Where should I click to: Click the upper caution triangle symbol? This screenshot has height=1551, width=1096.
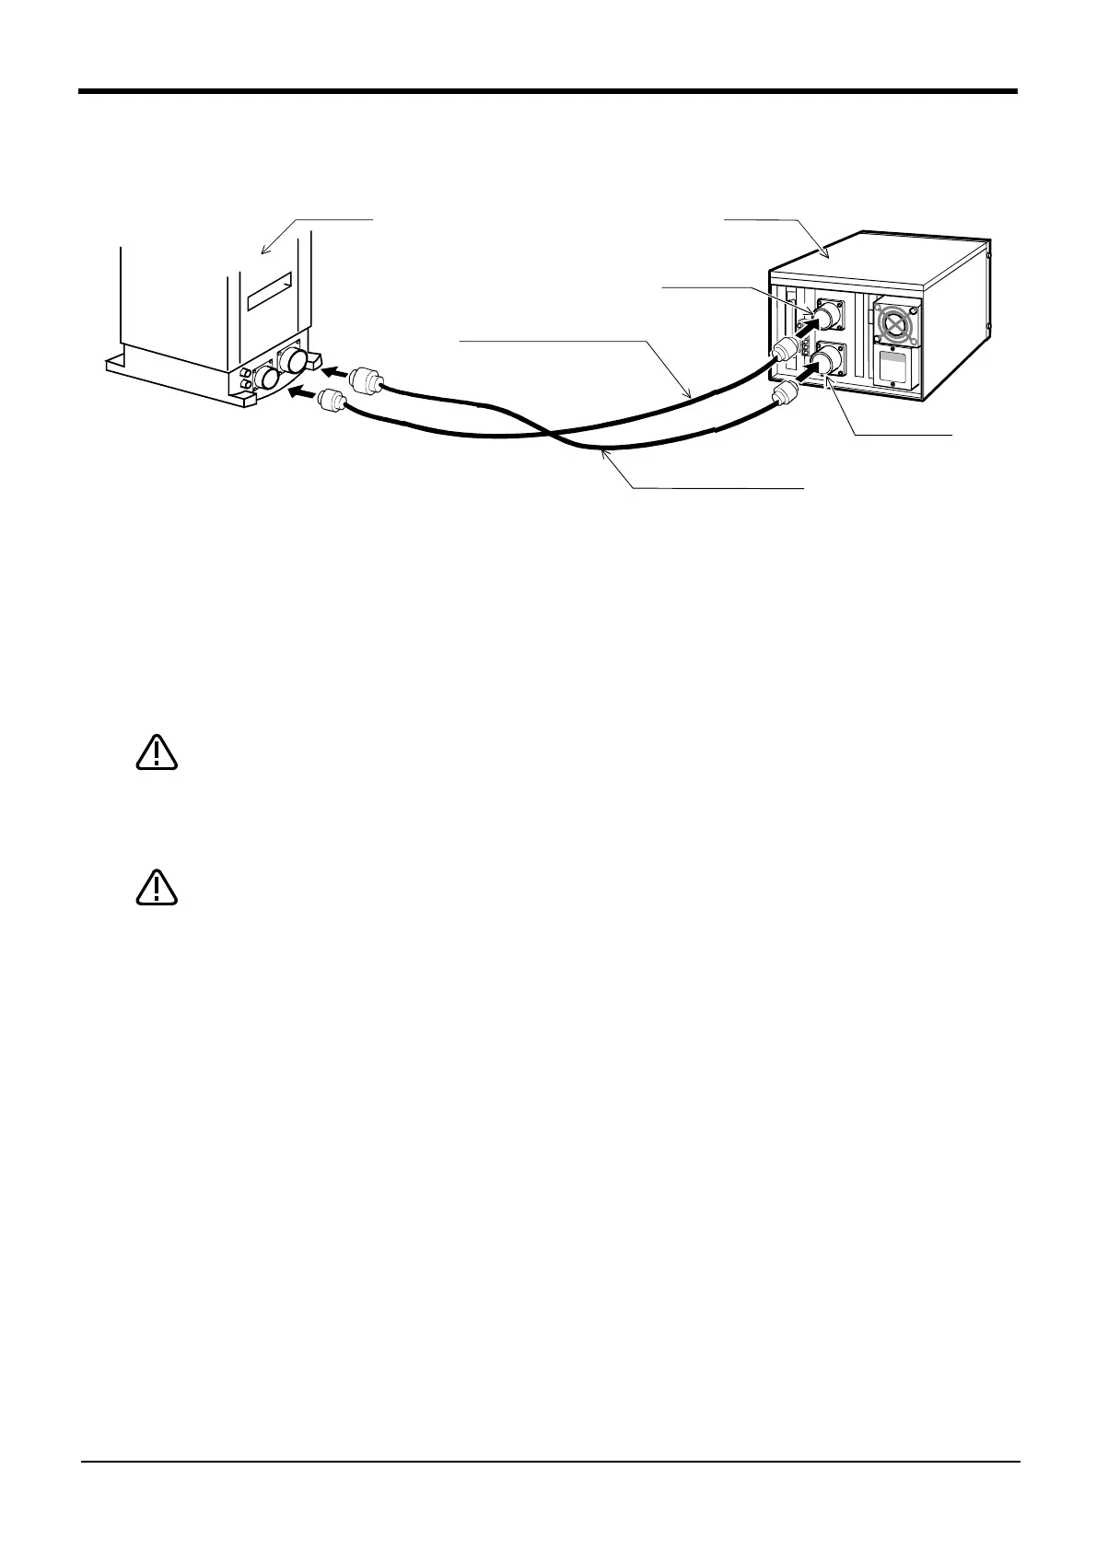[x=157, y=752]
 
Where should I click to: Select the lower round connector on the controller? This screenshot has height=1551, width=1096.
[x=830, y=359]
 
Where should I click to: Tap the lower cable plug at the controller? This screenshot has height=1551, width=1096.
[x=783, y=395]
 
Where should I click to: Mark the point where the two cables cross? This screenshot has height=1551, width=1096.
[x=549, y=433]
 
